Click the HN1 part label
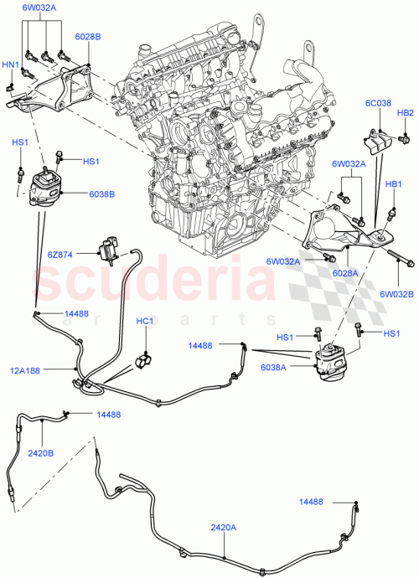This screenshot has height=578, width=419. [x=11, y=64]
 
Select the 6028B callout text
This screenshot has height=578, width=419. [x=88, y=38]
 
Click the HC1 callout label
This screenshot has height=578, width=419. [x=145, y=321]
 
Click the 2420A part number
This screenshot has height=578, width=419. [x=225, y=528]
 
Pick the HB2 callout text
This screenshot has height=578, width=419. [x=405, y=113]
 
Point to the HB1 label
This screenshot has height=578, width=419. [x=393, y=183]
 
